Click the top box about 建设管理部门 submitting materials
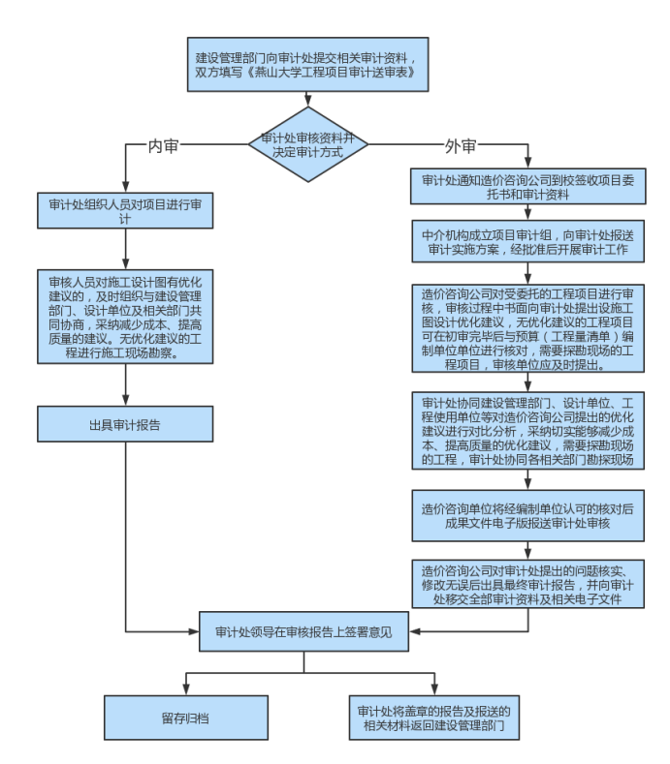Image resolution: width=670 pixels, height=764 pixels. click(x=307, y=65)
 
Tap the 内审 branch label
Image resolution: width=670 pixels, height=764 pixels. click(x=163, y=146)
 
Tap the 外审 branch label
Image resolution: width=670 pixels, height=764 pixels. click(x=461, y=146)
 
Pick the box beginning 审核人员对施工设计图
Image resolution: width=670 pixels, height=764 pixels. click(x=126, y=317)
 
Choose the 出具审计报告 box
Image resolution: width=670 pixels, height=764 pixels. click(x=126, y=424)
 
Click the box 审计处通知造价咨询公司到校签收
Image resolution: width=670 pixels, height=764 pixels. click(x=528, y=187)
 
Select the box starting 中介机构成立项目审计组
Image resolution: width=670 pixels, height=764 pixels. click(x=528, y=243)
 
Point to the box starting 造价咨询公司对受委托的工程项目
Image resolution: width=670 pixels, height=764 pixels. click(x=528, y=329)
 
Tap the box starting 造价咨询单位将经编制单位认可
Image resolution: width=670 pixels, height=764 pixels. click(x=528, y=516)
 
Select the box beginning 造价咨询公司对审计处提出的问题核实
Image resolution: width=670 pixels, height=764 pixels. click(x=528, y=584)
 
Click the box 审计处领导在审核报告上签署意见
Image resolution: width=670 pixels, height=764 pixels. click(x=303, y=632)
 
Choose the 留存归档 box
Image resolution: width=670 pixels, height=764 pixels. click(x=186, y=718)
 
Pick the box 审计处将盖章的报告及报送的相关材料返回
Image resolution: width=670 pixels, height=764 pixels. click(x=433, y=718)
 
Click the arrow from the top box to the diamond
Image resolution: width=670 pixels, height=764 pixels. click(x=307, y=101)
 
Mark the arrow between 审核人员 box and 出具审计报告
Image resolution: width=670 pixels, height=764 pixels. click(x=126, y=384)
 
